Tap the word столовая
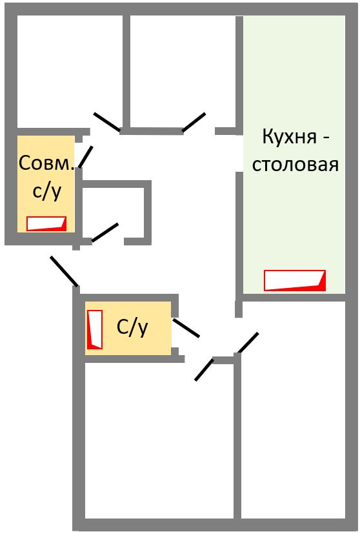pyautogui.click(x=295, y=165)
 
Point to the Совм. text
pyautogui.click(x=46, y=163)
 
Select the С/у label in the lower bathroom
pyautogui.click(x=132, y=327)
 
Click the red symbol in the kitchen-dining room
pyautogui.click(x=295, y=280)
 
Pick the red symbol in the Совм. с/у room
pyautogui.click(x=46, y=223)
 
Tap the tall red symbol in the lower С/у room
pyautogui.click(x=95, y=329)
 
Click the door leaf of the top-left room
pyautogui.click(x=107, y=122)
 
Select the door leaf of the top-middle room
pyautogui.click(x=194, y=122)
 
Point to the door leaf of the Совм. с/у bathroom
pyautogui.click(x=85, y=157)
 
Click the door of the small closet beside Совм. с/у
pyautogui.click(x=105, y=232)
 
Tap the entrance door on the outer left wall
pyautogui.click(x=65, y=271)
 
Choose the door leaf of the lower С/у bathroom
pyautogui.click(x=186, y=328)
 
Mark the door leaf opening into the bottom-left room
pyautogui.click(x=204, y=369)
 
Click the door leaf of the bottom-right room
pyautogui.click(x=248, y=343)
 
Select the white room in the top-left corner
pyautogui.click(x=70, y=72)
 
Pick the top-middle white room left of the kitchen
pyautogui.click(x=183, y=72)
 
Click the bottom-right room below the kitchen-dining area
pyautogui.click(x=294, y=409)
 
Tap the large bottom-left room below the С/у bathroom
pyautogui.click(x=159, y=440)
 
